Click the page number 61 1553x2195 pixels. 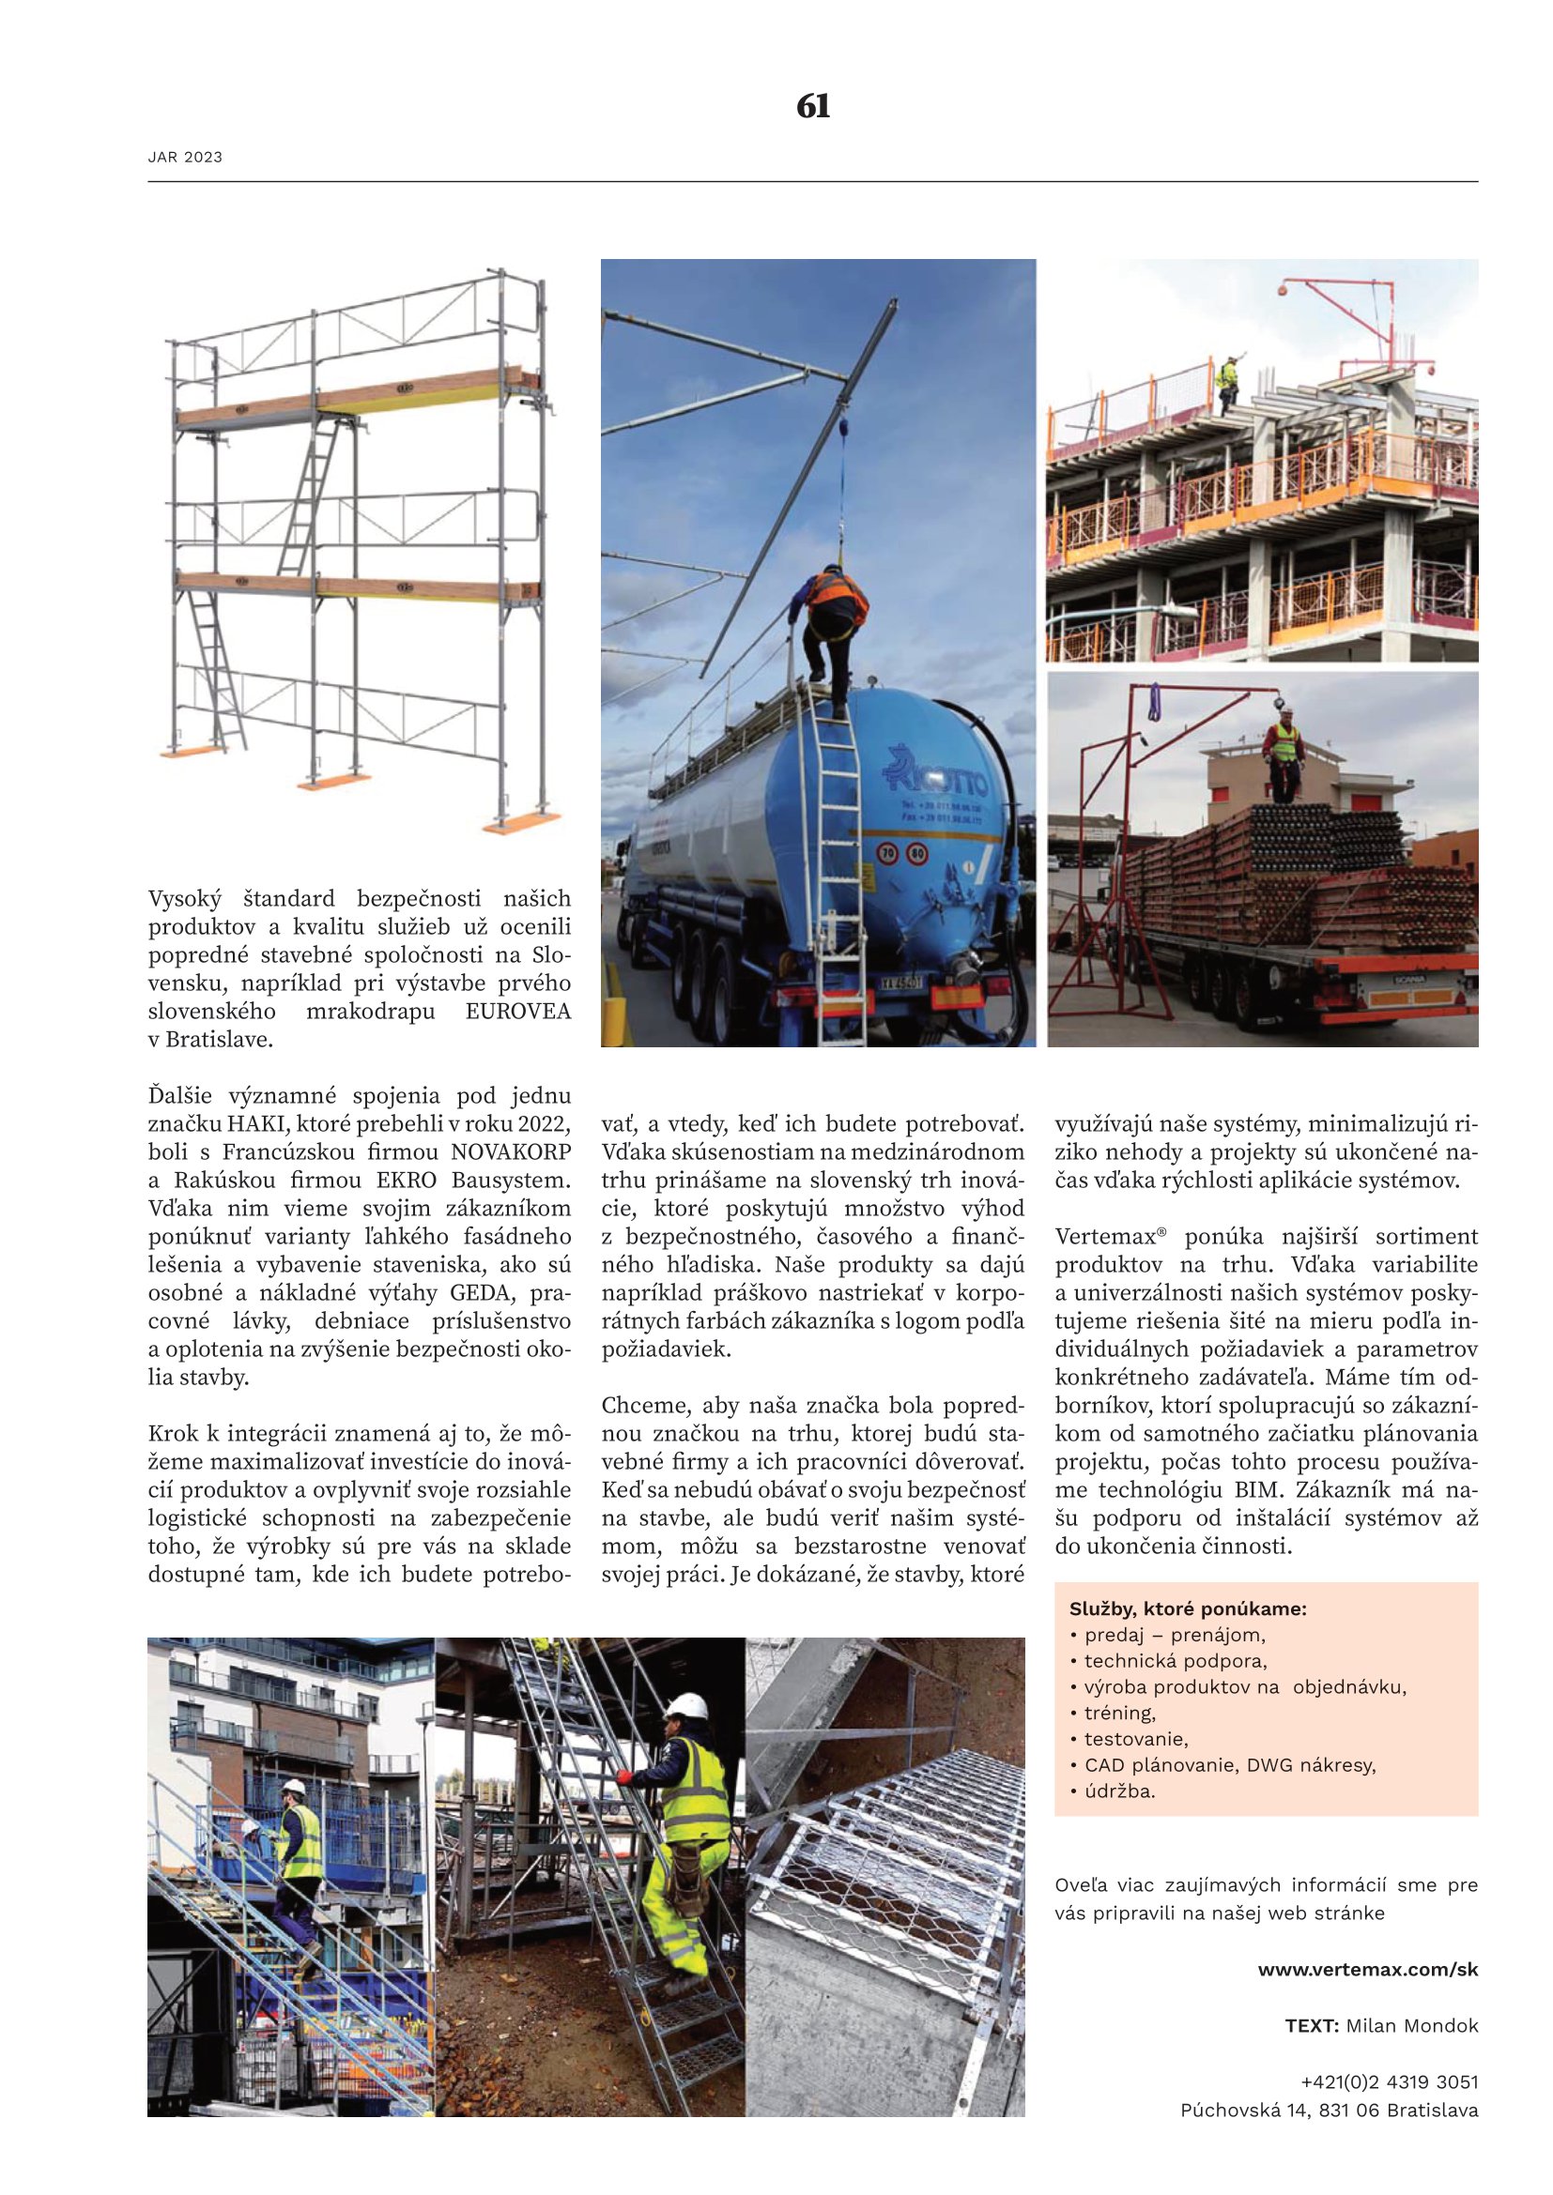click(x=813, y=106)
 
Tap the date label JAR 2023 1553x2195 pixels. click(x=185, y=157)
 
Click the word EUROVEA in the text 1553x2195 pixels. click(x=517, y=1012)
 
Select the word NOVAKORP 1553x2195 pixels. click(x=511, y=1152)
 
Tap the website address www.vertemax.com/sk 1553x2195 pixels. click(x=1367, y=1970)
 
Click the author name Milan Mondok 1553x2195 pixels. click(x=1411, y=2026)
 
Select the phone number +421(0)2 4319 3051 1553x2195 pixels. click(x=1389, y=2081)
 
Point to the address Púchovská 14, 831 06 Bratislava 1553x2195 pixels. click(x=1330, y=2110)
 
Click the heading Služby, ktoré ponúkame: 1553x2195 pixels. click(x=1188, y=1609)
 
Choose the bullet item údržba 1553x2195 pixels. click(x=1119, y=1791)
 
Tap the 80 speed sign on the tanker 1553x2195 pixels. click(x=916, y=851)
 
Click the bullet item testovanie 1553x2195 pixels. click(x=1135, y=1739)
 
